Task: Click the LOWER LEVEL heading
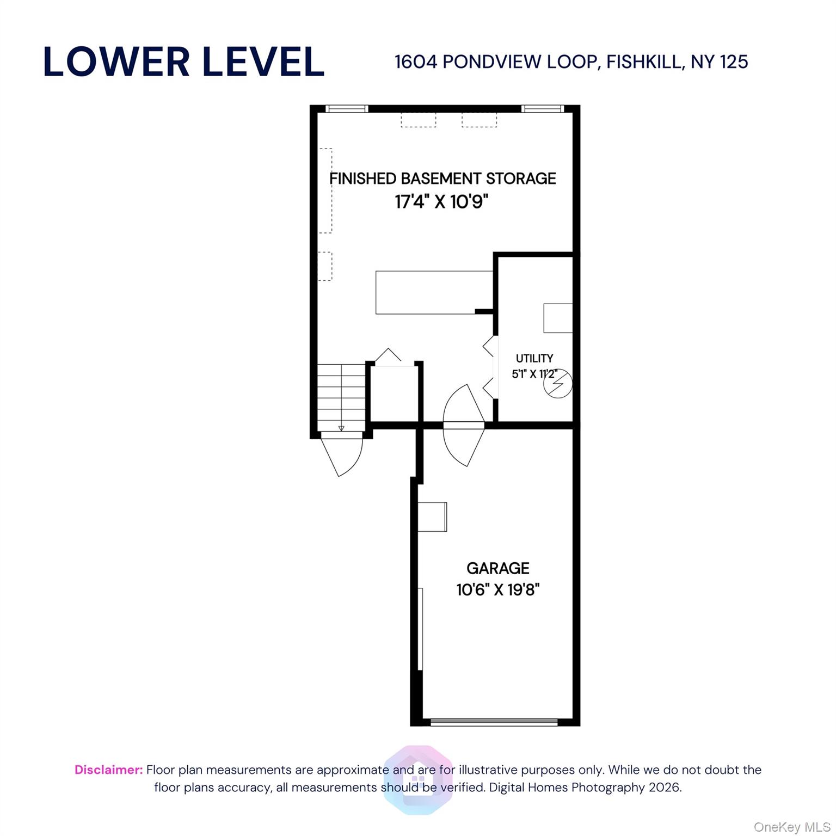[x=183, y=62]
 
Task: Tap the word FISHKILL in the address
[x=644, y=62]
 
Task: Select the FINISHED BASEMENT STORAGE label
[x=442, y=179]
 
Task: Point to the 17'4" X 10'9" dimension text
[x=441, y=202]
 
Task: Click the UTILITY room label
[x=534, y=358]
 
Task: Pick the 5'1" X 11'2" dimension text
[x=534, y=374]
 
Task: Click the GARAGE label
[x=498, y=568]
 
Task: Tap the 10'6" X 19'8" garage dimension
[x=498, y=589]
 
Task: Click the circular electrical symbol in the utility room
[x=558, y=383]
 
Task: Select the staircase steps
[x=341, y=398]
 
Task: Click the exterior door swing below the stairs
[x=342, y=456]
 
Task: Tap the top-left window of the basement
[x=347, y=109]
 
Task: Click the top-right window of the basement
[x=542, y=109]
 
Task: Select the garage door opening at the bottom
[x=494, y=722]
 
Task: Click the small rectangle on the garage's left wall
[x=433, y=517]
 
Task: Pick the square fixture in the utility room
[x=558, y=318]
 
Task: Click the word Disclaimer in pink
[x=109, y=770]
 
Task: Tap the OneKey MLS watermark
[x=792, y=827]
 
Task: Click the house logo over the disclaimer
[x=418, y=779]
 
